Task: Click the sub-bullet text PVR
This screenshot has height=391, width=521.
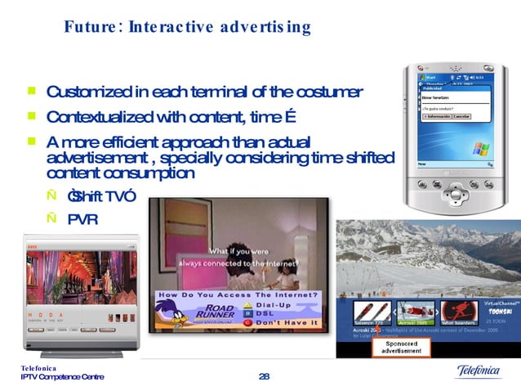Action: [x=82, y=218]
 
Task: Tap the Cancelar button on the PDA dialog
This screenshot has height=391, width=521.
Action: [x=462, y=116]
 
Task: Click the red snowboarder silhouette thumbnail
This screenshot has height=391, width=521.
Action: [x=459, y=312]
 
